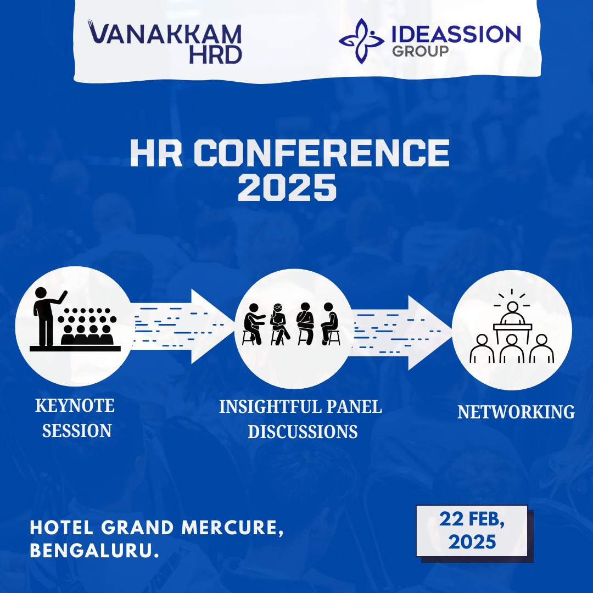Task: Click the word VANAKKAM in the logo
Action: (x=165, y=34)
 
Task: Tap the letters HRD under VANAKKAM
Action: (x=215, y=55)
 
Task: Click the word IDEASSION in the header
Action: (x=456, y=34)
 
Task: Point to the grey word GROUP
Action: (x=420, y=51)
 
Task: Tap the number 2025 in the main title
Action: (x=287, y=187)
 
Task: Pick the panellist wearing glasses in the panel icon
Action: (x=279, y=323)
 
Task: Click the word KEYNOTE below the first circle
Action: (x=75, y=406)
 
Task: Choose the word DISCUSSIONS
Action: (x=303, y=432)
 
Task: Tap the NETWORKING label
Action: (x=516, y=412)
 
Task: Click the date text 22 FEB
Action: (x=472, y=519)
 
